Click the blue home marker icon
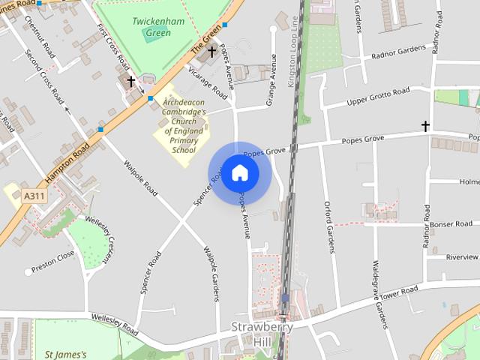239,173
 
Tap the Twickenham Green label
158,27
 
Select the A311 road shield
31,196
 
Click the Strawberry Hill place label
261,334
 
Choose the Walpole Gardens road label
212,274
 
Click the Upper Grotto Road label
378,97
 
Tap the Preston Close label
54,258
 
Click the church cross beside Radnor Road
425,126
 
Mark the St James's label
66,354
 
